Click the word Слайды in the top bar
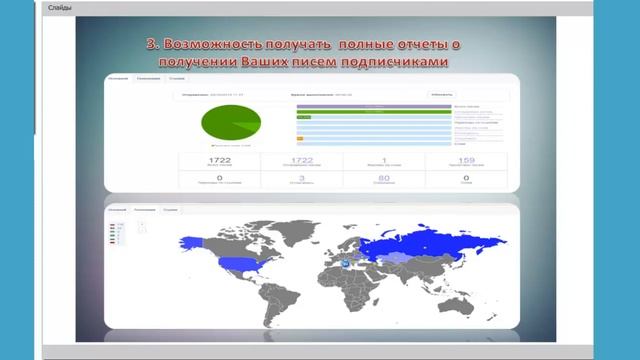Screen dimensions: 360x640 tap(61, 8)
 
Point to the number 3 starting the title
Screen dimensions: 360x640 tap(151, 46)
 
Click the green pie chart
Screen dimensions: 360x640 tap(230, 123)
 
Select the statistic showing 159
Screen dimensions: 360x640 tap(465, 160)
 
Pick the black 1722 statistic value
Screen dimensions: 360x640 tap(218, 160)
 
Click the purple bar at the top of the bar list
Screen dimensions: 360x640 tap(360, 105)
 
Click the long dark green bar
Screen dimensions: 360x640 tap(360, 111)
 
